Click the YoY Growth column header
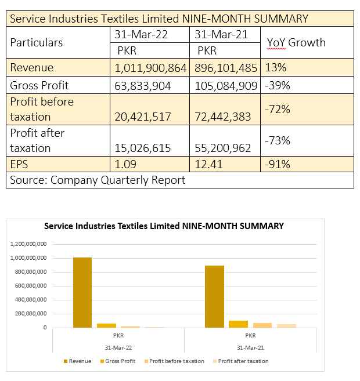click(296, 42)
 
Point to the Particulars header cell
click(36, 42)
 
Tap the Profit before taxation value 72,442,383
click(224, 117)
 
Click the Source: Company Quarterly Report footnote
click(98, 180)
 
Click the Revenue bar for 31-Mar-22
click(82, 292)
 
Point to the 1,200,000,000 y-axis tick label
click(29, 244)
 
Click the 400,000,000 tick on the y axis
click(31, 300)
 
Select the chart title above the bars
click(164, 226)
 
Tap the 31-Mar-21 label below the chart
click(250, 347)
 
